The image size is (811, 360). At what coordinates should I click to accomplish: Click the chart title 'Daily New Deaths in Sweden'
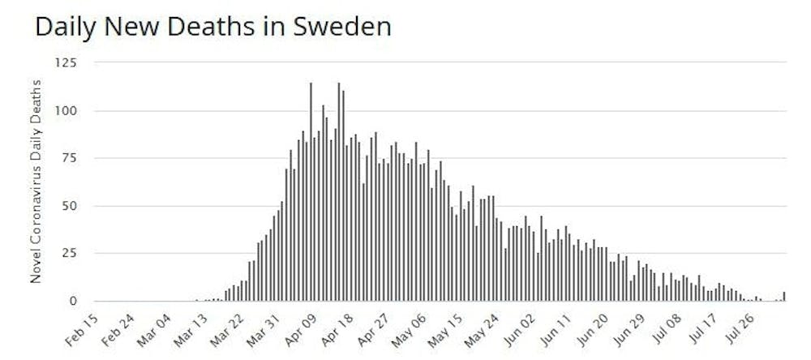pos(212,27)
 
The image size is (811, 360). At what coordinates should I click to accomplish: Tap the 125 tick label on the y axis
pos(66,62)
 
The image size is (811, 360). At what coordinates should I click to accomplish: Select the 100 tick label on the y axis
pos(66,111)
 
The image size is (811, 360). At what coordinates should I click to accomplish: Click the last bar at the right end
pos(784,297)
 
